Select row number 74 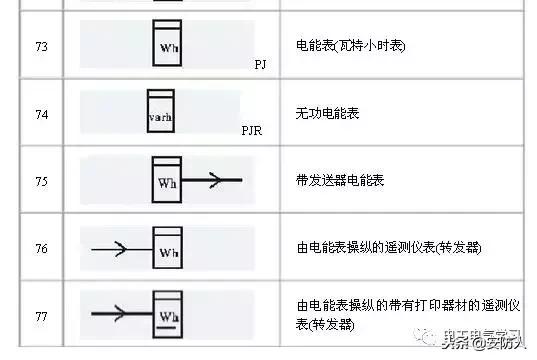pyautogui.click(x=41, y=115)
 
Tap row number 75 pyautogui.click(x=41, y=182)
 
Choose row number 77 pyautogui.click(x=41, y=313)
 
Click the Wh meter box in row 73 pyautogui.click(x=167, y=42)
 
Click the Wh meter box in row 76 pyautogui.click(x=167, y=246)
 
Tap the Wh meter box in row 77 pyautogui.click(x=167, y=311)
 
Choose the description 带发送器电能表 pyautogui.click(x=341, y=182)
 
